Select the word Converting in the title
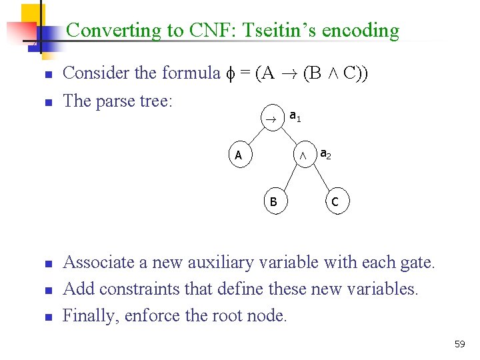(x=114, y=31)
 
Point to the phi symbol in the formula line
(x=231, y=73)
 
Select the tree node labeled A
(x=239, y=156)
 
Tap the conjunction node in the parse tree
(x=303, y=156)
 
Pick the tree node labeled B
(x=273, y=201)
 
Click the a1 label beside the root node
(x=295, y=117)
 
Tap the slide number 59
(x=459, y=344)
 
